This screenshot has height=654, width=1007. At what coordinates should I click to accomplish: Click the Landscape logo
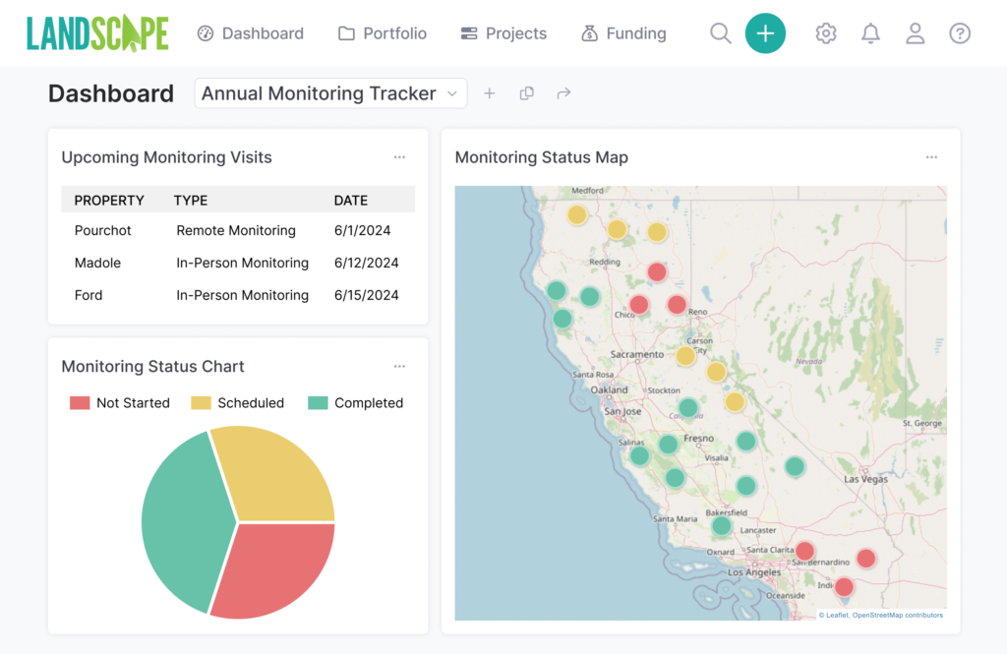click(x=97, y=33)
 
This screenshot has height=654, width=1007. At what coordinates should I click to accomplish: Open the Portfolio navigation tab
click(x=383, y=33)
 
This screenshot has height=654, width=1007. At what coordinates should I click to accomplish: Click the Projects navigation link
click(x=503, y=33)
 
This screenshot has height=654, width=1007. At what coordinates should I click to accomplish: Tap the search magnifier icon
click(x=720, y=33)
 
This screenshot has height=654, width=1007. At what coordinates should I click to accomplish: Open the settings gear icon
click(x=826, y=33)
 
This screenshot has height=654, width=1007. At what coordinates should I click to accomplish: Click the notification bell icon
click(x=870, y=33)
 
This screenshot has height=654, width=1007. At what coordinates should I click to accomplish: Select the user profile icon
click(x=915, y=33)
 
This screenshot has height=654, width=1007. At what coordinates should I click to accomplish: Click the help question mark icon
click(x=960, y=33)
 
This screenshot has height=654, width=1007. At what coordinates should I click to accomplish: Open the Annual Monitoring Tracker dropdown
click(x=330, y=93)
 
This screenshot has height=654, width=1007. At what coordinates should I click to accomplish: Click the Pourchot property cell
click(x=103, y=230)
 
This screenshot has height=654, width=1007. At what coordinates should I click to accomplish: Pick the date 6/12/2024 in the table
click(x=366, y=263)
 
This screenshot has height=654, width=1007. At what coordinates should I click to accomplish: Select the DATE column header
click(x=351, y=200)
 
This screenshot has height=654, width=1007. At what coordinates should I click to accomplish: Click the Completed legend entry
click(x=356, y=403)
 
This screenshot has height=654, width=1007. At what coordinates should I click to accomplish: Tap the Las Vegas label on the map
click(x=866, y=479)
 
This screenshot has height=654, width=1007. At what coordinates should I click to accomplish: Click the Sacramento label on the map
click(x=637, y=354)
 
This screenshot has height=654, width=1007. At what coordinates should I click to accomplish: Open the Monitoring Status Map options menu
click(x=931, y=157)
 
